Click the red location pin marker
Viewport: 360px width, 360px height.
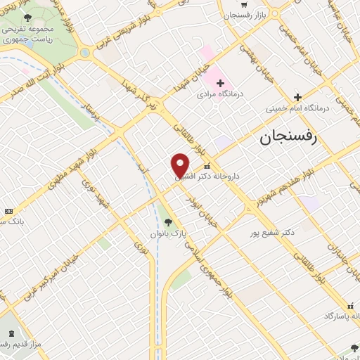pos(180,165)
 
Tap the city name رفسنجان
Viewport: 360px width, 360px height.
pos(288,137)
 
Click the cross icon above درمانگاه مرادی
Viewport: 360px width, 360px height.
pos(220,83)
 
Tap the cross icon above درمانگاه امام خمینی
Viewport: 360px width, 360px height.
pos(297,97)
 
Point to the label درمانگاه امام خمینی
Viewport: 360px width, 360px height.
pos(293,109)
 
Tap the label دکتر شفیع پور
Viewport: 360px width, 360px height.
pos(272,231)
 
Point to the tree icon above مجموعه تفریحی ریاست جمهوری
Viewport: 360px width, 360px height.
pos(27,18)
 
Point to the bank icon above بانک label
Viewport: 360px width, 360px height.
pos(8,211)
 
